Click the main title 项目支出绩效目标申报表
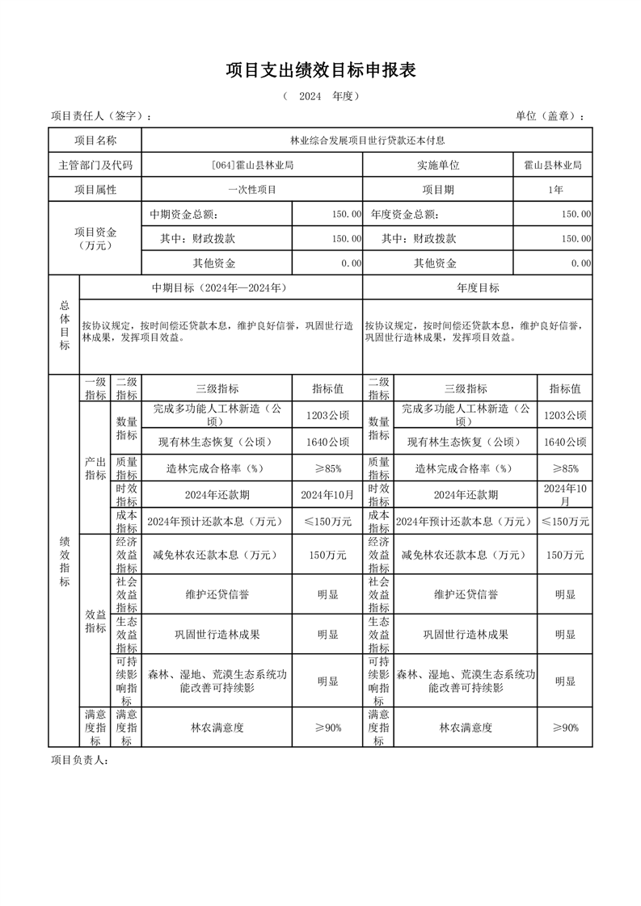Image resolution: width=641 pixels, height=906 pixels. pyautogui.click(x=320, y=71)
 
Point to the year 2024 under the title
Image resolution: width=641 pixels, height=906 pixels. pyautogui.click(x=310, y=96)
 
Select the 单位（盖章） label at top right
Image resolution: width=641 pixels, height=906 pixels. pyautogui.click(x=550, y=116)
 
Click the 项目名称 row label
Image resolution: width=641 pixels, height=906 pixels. pyautogui.click(x=95, y=141)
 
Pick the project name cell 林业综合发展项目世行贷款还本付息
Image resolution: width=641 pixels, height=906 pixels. pyautogui.click(x=368, y=141)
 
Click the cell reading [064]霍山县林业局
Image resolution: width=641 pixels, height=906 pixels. pyautogui.click(x=251, y=166)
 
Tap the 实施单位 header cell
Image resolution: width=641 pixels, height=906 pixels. pyautogui.click(x=437, y=166)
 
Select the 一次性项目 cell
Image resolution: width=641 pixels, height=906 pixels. pyautogui.click(x=251, y=190)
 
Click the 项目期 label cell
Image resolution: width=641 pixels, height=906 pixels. pyautogui.click(x=437, y=190)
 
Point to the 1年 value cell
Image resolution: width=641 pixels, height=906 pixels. pyautogui.click(x=554, y=190)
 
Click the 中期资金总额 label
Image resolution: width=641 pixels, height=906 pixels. pyautogui.click(x=183, y=215)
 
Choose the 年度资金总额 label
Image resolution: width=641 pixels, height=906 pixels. pyautogui.click(x=404, y=215)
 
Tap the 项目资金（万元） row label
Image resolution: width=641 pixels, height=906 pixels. pyautogui.click(x=95, y=238)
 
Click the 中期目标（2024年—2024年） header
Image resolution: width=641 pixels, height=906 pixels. pyautogui.click(x=220, y=287)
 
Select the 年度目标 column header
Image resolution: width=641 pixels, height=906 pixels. pyautogui.click(x=478, y=287)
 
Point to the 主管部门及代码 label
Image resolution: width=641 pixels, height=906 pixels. pyautogui.click(x=95, y=166)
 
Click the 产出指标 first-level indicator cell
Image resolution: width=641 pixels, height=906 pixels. pyautogui.click(x=95, y=468)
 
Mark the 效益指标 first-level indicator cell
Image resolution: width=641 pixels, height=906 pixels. pyautogui.click(x=95, y=621)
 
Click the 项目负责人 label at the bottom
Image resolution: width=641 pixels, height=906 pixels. pyautogui.click(x=79, y=760)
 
